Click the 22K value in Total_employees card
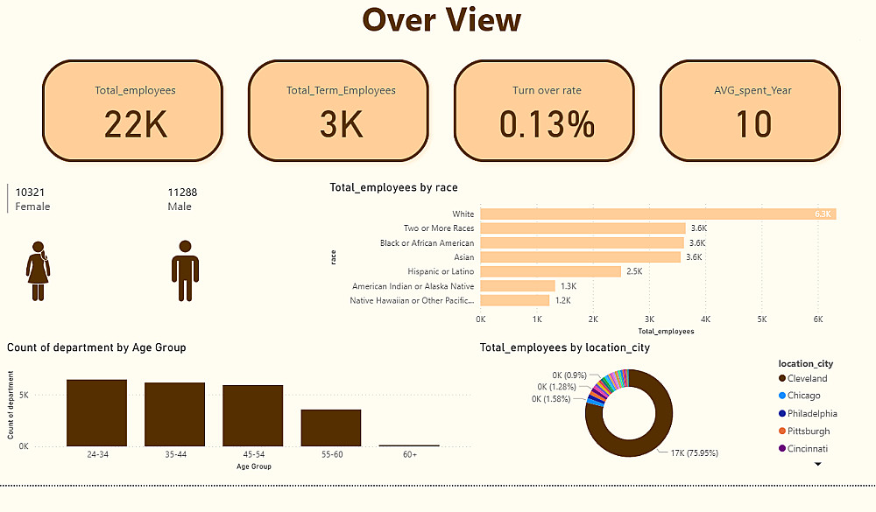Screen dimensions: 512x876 pos(135,125)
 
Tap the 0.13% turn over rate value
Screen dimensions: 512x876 pos(547,125)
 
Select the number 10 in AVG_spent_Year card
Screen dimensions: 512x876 pos(752,125)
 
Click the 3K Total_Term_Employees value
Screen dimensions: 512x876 pos(341,125)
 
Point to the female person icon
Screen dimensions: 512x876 pos(38,271)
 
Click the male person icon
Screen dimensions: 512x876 pos(185,271)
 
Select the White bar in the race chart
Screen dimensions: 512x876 pos(658,214)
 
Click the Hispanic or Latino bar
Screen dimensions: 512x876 pos(550,271)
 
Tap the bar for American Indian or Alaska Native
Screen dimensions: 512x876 pos(518,285)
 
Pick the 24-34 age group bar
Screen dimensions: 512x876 pos(96,412)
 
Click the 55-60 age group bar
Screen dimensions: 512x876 pos(331,427)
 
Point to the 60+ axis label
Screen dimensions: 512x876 pos(409,455)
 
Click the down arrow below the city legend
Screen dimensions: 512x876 pos(818,465)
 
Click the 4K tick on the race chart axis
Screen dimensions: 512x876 pos(706,319)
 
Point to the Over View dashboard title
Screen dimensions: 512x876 pos(442,20)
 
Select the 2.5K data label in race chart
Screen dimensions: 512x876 pos(634,271)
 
